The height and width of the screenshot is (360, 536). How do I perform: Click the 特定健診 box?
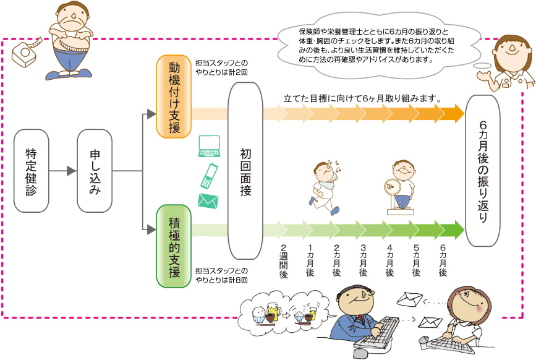(31, 171)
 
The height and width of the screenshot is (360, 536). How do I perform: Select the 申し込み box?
(95, 171)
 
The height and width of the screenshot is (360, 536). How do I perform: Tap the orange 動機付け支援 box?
(174, 96)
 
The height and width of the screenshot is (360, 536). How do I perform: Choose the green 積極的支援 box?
(174, 246)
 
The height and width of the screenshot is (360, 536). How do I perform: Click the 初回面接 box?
(245, 171)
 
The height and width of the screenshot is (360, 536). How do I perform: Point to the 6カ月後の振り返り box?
(483, 171)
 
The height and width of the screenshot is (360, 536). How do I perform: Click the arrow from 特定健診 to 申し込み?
(63, 171)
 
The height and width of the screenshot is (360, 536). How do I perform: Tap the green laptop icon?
(209, 147)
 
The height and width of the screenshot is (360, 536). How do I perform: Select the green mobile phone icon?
(209, 176)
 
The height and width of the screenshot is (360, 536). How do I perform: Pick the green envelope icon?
(208, 201)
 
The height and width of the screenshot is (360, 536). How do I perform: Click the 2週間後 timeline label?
(283, 261)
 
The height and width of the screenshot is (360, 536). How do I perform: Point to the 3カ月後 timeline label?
(363, 260)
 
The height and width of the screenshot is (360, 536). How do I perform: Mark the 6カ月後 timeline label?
(443, 260)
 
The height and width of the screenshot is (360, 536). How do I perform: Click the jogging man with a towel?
(326, 186)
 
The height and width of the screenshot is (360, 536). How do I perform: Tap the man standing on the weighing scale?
(401, 187)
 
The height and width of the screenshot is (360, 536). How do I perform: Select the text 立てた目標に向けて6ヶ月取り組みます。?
(362, 98)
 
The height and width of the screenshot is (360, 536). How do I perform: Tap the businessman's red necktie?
(360, 319)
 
